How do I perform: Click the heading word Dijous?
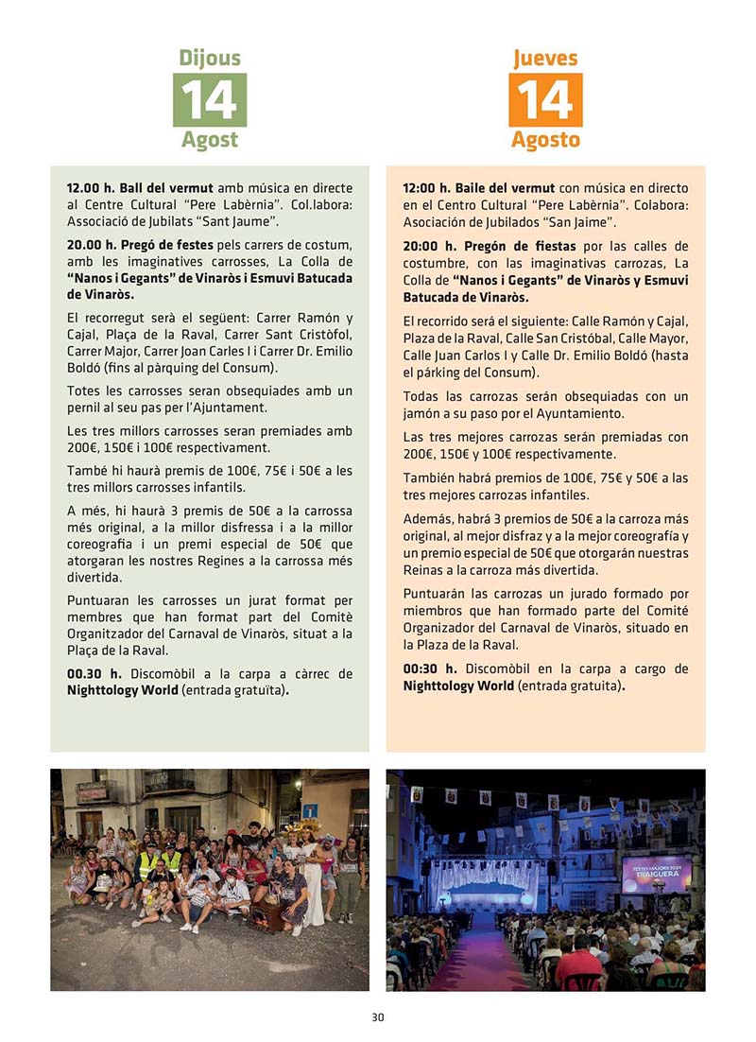(x=210, y=58)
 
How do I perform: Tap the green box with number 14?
(x=210, y=99)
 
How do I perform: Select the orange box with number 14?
(x=545, y=99)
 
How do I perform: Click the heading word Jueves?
(x=545, y=58)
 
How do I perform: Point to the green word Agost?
(x=210, y=140)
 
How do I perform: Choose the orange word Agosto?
(x=545, y=140)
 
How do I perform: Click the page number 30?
(x=377, y=1017)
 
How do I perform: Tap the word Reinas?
(x=425, y=570)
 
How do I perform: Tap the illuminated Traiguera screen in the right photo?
(x=656, y=872)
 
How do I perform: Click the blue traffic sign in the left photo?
(x=309, y=810)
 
